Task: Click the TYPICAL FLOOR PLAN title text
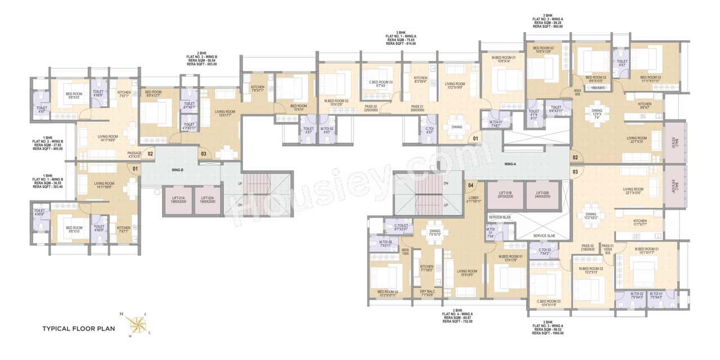point(79,328)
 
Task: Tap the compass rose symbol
point(135,325)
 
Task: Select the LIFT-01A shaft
point(178,200)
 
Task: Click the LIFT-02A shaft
point(208,200)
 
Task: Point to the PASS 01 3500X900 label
point(417,108)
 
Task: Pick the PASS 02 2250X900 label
point(371,108)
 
